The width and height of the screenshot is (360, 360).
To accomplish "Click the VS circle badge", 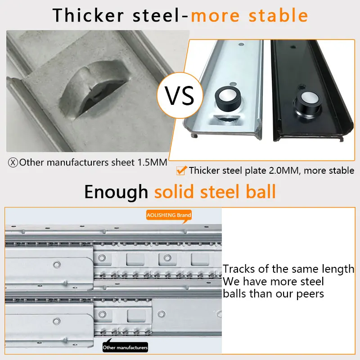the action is [x=180, y=95].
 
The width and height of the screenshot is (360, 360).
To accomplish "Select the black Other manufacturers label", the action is [x=125, y=346].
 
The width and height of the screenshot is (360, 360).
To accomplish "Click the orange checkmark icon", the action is [x=181, y=171].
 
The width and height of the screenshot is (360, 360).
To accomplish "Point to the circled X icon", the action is [x=13, y=162].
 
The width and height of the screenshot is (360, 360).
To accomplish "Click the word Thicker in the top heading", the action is [x=88, y=15].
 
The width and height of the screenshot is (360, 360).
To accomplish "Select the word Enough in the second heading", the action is [x=116, y=192].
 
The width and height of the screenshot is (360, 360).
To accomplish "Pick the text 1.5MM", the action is [x=152, y=162].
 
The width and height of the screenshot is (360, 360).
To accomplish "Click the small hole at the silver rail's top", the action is [x=241, y=44].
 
